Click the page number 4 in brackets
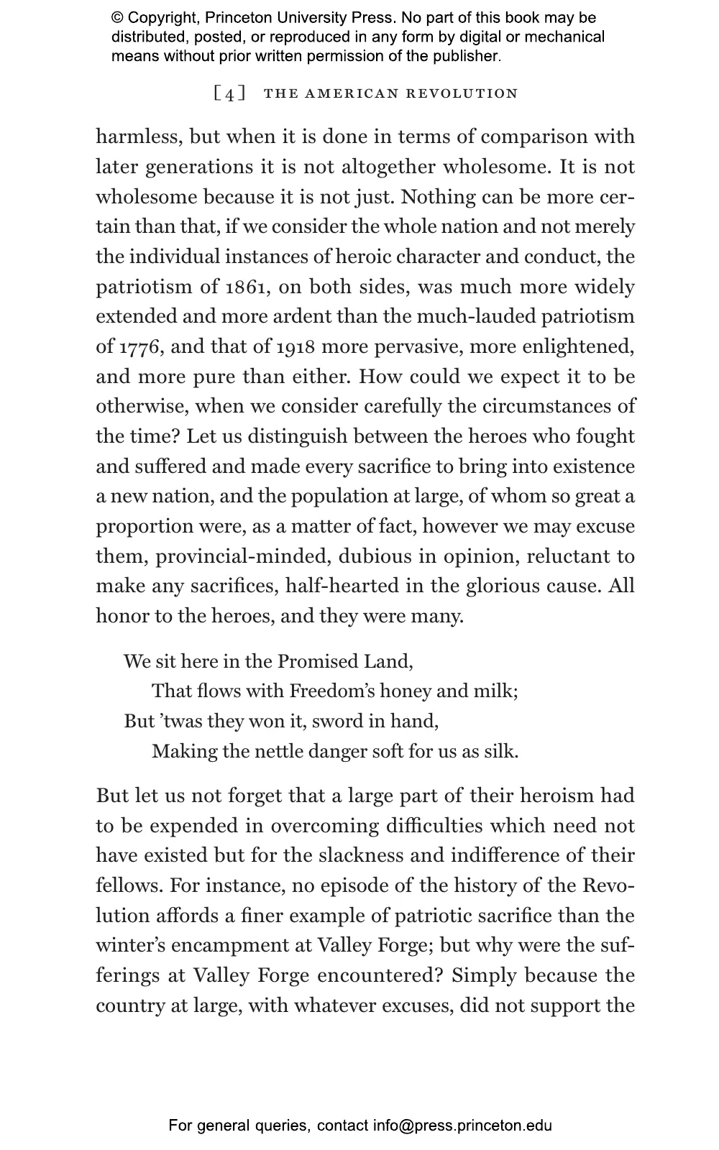point(229,94)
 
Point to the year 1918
point(296,347)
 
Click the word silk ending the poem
point(500,752)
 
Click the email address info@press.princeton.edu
point(462,1126)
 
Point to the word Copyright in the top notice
point(162,18)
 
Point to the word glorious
point(506,586)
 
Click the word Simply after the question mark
point(485,975)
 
